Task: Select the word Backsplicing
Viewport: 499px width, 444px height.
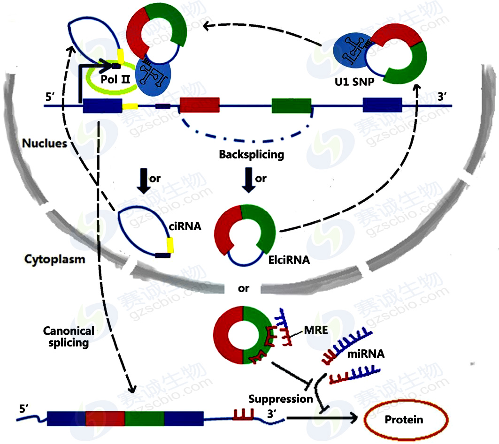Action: pos(252,154)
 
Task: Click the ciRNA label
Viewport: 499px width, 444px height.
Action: pos(185,227)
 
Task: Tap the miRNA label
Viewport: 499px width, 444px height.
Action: pos(366,354)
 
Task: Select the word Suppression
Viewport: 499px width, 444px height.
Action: pos(280,399)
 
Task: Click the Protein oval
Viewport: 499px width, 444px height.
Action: pos(404,419)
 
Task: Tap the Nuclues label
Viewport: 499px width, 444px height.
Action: pos(45,143)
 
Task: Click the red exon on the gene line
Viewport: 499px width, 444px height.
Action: pos(200,105)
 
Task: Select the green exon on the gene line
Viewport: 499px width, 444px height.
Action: pos(292,105)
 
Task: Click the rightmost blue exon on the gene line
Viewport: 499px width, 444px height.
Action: pos(382,105)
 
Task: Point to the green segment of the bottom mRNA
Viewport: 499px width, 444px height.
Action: pos(145,418)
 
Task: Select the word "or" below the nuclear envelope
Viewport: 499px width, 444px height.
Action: pos(243,288)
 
